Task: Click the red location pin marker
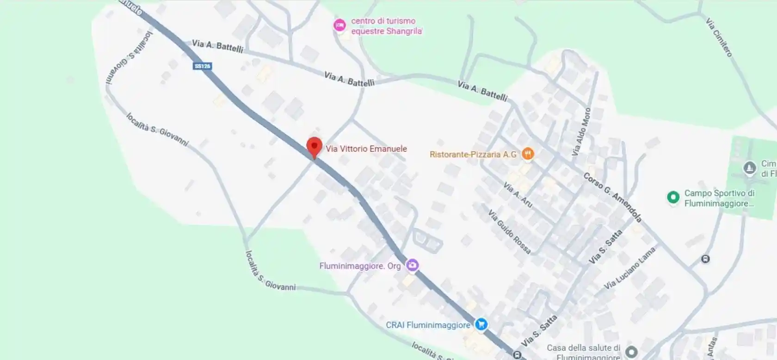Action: pyautogui.click(x=314, y=147)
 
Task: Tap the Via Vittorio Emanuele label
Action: pyautogui.click(x=366, y=149)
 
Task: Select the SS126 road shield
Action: pyautogui.click(x=202, y=66)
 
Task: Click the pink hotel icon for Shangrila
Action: pyautogui.click(x=340, y=25)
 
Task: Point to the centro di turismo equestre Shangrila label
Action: pyautogui.click(x=386, y=26)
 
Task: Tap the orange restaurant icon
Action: pyautogui.click(x=528, y=154)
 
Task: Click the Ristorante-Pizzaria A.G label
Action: pyautogui.click(x=473, y=154)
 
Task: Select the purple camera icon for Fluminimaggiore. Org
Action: pyautogui.click(x=412, y=265)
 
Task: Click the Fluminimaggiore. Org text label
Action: pyautogui.click(x=360, y=266)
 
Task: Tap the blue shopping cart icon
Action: pyautogui.click(x=481, y=324)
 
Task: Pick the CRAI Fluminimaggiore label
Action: pyautogui.click(x=428, y=325)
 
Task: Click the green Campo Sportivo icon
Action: pyautogui.click(x=673, y=198)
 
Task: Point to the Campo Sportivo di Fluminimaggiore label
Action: pyautogui.click(x=719, y=199)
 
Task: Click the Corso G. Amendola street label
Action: pyautogui.click(x=612, y=197)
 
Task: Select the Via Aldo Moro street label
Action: pyautogui.click(x=581, y=131)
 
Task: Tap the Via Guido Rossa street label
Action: pyautogui.click(x=509, y=231)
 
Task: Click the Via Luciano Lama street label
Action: pyautogui.click(x=630, y=268)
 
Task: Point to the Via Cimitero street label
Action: pyautogui.click(x=719, y=37)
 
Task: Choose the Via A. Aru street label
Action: pyautogui.click(x=518, y=194)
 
